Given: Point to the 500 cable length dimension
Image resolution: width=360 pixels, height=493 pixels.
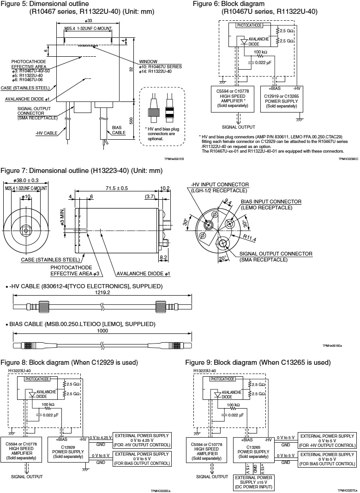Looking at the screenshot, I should (x=131, y=120).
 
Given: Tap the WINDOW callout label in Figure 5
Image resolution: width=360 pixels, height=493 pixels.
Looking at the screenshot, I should (x=148, y=62).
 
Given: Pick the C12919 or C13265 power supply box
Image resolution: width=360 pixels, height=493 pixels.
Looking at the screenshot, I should (x=280, y=98).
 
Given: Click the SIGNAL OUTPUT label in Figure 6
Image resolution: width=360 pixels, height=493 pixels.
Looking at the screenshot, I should (x=239, y=127).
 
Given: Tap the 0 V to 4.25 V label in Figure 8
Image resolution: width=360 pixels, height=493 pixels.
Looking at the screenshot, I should (x=101, y=437).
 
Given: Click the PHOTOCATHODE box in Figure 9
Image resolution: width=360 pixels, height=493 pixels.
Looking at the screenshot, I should (x=222, y=379).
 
